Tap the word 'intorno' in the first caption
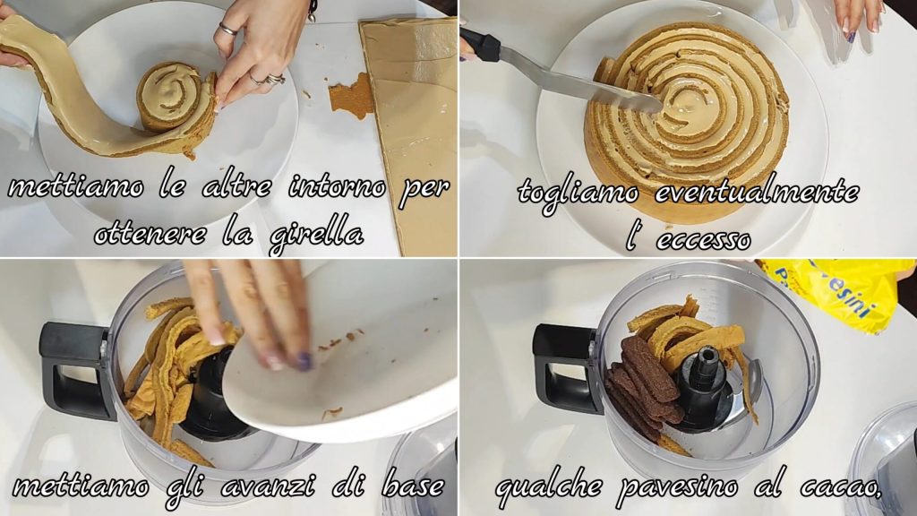pyautogui.click(x=338, y=187)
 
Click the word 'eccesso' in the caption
pyautogui.click(x=704, y=239)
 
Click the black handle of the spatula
pyautogui.click(x=480, y=44)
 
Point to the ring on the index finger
pyautogui.click(x=228, y=30)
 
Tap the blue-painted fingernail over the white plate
pyautogui.click(x=303, y=361)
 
